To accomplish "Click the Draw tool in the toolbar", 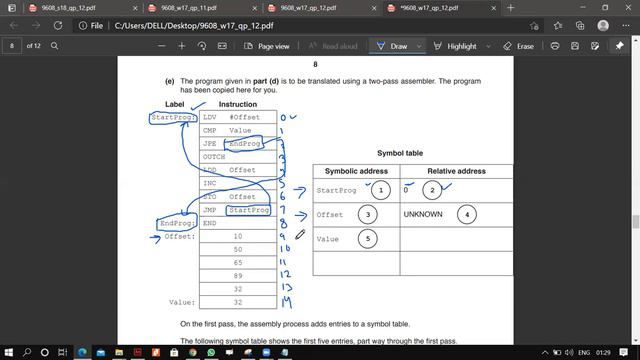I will (x=392, y=46).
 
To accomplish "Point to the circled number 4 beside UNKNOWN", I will (x=469, y=214).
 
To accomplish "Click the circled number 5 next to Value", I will (x=369, y=239).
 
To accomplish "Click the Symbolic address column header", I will (x=356, y=171).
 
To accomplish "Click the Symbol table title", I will (x=400, y=153).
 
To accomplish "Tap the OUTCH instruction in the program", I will (x=214, y=157).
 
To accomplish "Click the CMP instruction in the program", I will (x=210, y=131).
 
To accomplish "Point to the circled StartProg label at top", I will (x=171, y=118).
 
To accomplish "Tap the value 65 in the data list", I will (x=237, y=262).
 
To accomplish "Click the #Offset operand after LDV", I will (x=244, y=118).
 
